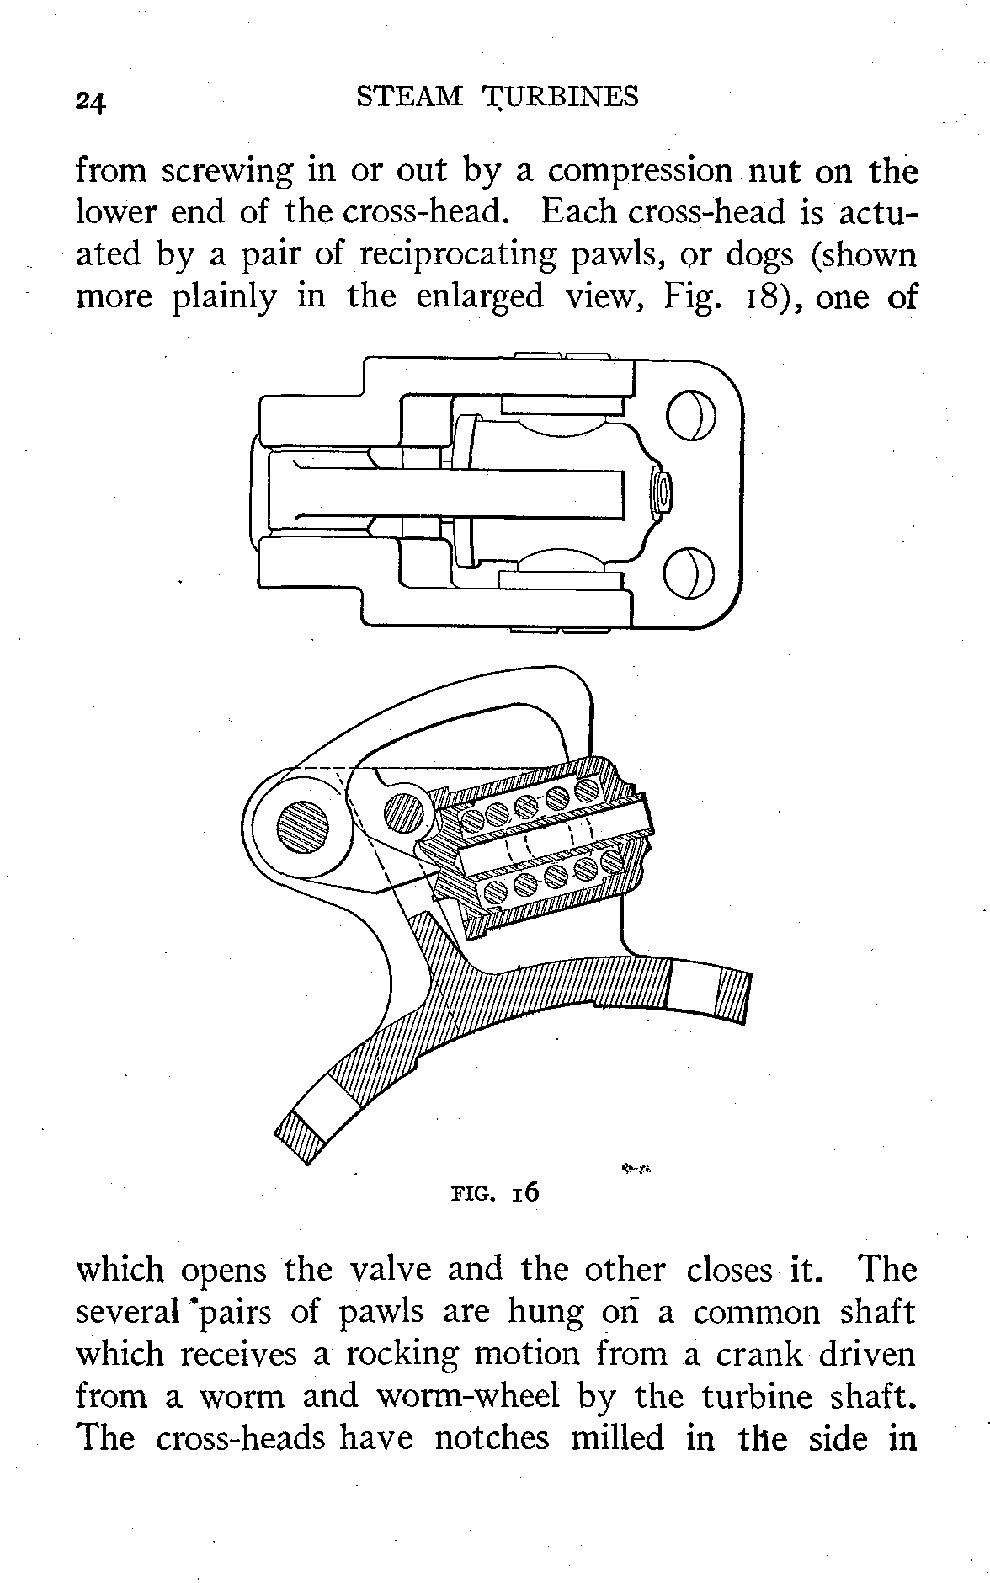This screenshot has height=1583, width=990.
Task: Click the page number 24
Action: [89, 100]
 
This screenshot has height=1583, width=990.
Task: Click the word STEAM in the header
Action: [410, 97]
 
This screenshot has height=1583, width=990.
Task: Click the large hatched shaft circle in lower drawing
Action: [302, 826]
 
